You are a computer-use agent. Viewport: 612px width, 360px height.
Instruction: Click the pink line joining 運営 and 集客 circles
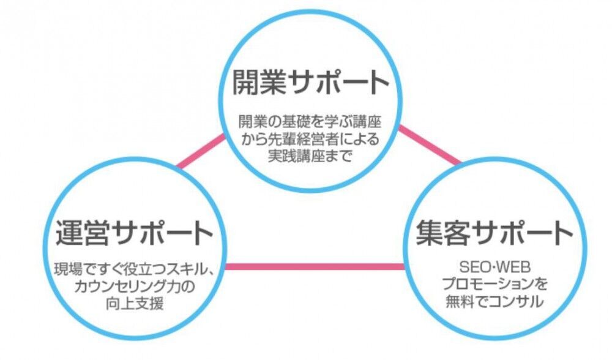(315, 266)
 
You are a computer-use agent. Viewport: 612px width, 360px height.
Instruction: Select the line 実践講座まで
(310, 155)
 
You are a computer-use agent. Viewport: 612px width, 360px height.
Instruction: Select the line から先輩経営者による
(310, 138)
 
